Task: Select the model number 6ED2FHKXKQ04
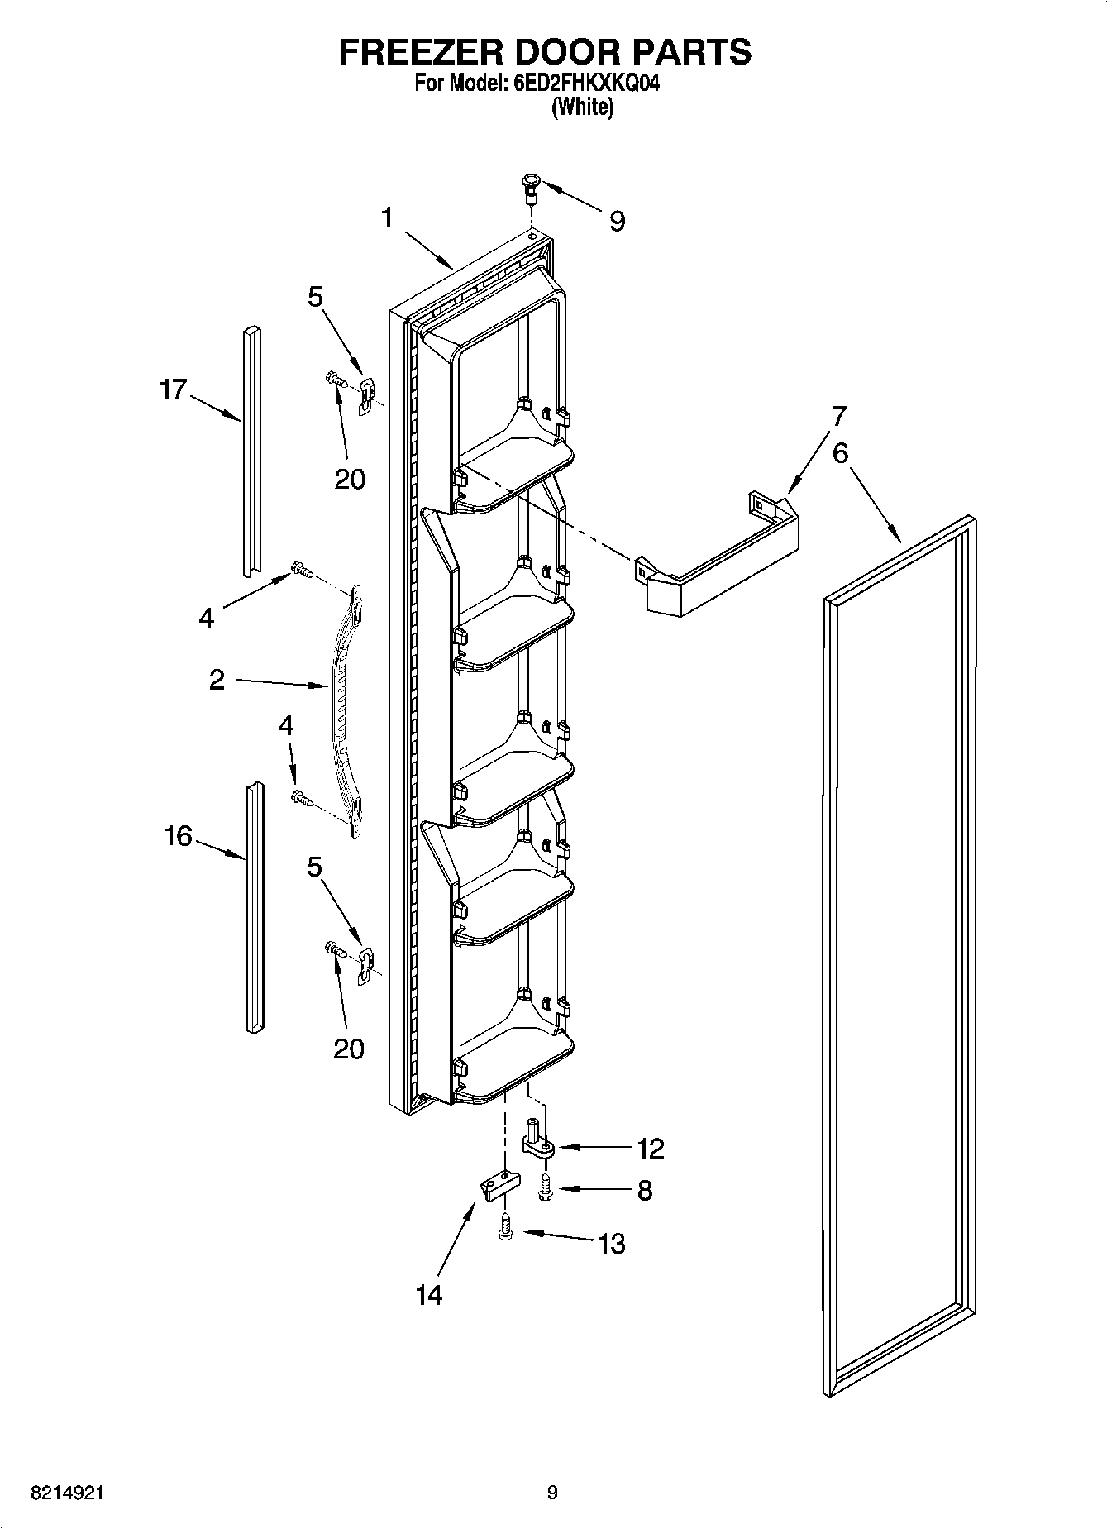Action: [x=581, y=84]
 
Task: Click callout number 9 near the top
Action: [x=617, y=221]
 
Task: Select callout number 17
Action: [x=174, y=389]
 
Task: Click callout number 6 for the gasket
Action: [x=840, y=453]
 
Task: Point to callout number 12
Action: [x=651, y=1148]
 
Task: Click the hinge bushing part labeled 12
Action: [x=536, y=1139]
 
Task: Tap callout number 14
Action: [x=429, y=1294]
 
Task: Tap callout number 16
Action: [x=178, y=836]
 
